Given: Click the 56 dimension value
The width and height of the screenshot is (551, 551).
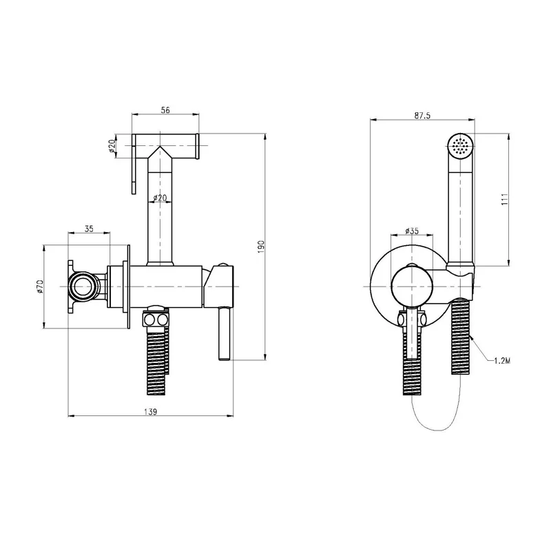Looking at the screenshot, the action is (x=165, y=110).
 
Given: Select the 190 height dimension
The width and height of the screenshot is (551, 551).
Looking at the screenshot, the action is (x=260, y=247).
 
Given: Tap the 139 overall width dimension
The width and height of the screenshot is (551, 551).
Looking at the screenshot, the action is (x=150, y=411).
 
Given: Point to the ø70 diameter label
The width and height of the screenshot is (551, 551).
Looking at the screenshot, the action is (x=39, y=287).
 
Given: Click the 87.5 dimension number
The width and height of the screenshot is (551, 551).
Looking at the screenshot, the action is (x=422, y=115).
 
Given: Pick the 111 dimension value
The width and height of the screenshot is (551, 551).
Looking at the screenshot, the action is (x=505, y=199).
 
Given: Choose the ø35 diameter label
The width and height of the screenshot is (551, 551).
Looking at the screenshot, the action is (x=411, y=231).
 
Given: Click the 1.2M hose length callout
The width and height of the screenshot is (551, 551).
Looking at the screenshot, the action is (x=502, y=360).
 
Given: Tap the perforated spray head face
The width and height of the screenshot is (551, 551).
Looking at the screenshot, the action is (x=461, y=145).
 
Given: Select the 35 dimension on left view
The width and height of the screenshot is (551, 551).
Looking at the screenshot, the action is (x=89, y=229).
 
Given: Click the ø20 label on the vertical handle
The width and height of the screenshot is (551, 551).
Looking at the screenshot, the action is (x=160, y=198).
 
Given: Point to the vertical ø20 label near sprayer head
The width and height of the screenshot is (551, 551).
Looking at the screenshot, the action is (x=112, y=146).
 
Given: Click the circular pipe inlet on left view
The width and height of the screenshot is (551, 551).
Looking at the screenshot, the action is (x=82, y=287).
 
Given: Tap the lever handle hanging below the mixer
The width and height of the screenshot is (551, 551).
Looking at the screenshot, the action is (x=225, y=333).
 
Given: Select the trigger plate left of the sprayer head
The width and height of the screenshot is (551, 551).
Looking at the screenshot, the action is (x=134, y=164).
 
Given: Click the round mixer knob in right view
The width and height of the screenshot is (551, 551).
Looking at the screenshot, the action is (x=411, y=286).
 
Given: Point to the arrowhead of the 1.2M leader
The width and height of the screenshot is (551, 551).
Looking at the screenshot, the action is (x=472, y=337).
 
